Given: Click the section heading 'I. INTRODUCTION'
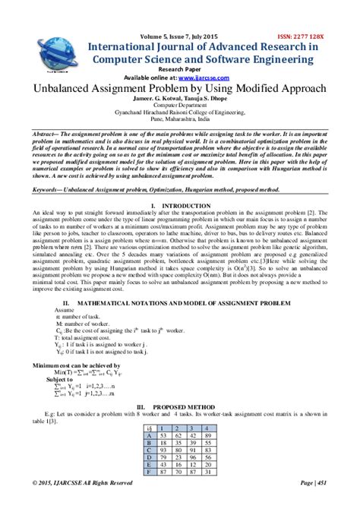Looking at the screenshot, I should [179, 206].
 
